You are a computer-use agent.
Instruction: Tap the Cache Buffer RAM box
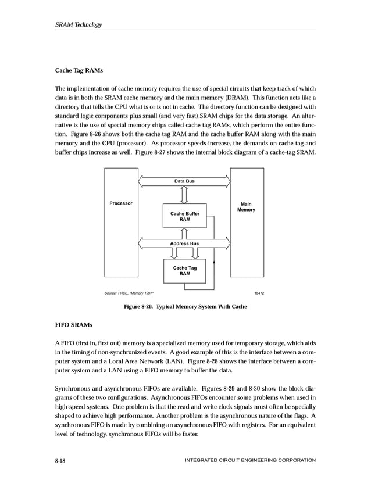pyautogui.click(x=184, y=217)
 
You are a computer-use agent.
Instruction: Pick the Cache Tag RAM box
pyautogui.click(x=184, y=271)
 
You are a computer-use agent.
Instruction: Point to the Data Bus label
pyautogui.click(x=184, y=181)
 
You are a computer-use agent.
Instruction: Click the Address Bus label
pyautogui.click(x=184, y=243)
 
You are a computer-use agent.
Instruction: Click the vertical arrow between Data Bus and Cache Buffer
pyautogui.click(x=184, y=195)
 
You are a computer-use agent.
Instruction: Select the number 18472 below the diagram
pyautogui.click(x=259, y=292)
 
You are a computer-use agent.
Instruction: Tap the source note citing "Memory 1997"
pyautogui.click(x=129, y=292)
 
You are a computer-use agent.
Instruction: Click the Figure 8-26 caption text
pyautogui.click(x=185, y=306)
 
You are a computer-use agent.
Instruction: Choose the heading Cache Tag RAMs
pyautogui.click(x=80, y=71)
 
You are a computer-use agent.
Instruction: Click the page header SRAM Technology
pyautogui.click(x=79, y=24)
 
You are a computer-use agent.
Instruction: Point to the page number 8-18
pyautogui.click(x=60, y=460)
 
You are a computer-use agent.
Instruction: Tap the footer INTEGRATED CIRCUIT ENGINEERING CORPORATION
pyautogui.click(x=249, y=460)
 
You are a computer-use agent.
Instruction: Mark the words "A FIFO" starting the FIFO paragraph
pyautogui.click(x=65, y=345)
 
